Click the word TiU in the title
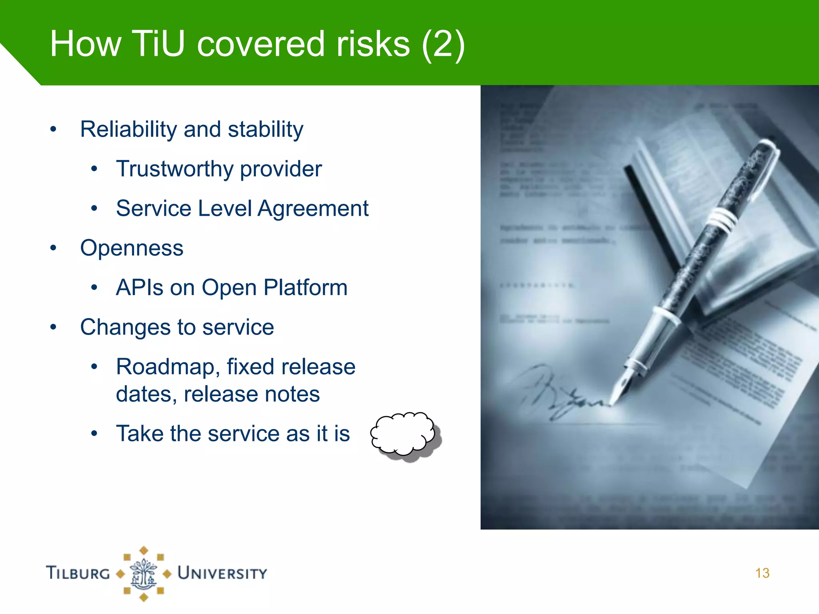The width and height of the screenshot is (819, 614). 158,44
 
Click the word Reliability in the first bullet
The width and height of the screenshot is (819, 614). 128,130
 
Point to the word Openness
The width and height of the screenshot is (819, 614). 132,248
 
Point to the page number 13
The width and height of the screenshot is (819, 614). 762,573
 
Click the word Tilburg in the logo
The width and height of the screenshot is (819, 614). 78,573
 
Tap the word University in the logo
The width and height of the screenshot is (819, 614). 222,573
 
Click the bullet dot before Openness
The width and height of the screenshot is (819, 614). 54,248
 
